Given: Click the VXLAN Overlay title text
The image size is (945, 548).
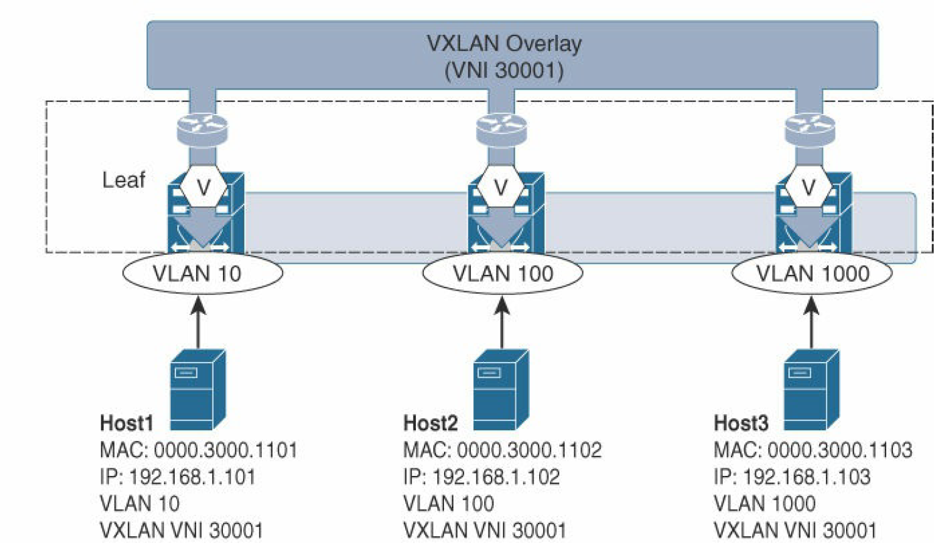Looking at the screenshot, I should pyautogui.click(x=504, y=44).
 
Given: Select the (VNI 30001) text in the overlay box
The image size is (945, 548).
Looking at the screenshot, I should pyautogui.click(x=504, y=70).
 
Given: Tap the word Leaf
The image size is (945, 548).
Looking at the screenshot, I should pyautogui.click(x=123, y=180).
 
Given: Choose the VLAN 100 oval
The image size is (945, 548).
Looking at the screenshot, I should pyautogui.click(x=503, y=274).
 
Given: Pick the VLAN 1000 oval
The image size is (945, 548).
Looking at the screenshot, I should pyautogui.click(x=812, y=274).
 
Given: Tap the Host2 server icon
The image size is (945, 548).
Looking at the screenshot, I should pyautogui.click(x=500, y=390).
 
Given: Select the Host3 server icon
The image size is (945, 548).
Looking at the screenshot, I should pyautogui.click(x=811, y=390).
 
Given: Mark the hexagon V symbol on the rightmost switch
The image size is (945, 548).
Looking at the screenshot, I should pyautogui.click(x=808, y=187).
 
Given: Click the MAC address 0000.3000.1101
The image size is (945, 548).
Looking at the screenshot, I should pyautogui.click(x=225, y=450).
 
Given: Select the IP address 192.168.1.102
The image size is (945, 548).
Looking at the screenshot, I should pyautogui.click(x=496, y=477).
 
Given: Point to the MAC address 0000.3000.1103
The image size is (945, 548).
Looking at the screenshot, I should pyautogui.click(x=840, y=450).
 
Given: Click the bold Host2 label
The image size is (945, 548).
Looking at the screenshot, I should pyautogui.click(x=430, y=423).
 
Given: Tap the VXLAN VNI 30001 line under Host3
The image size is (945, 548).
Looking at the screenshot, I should pyautogui.click(x=795, y=530).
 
